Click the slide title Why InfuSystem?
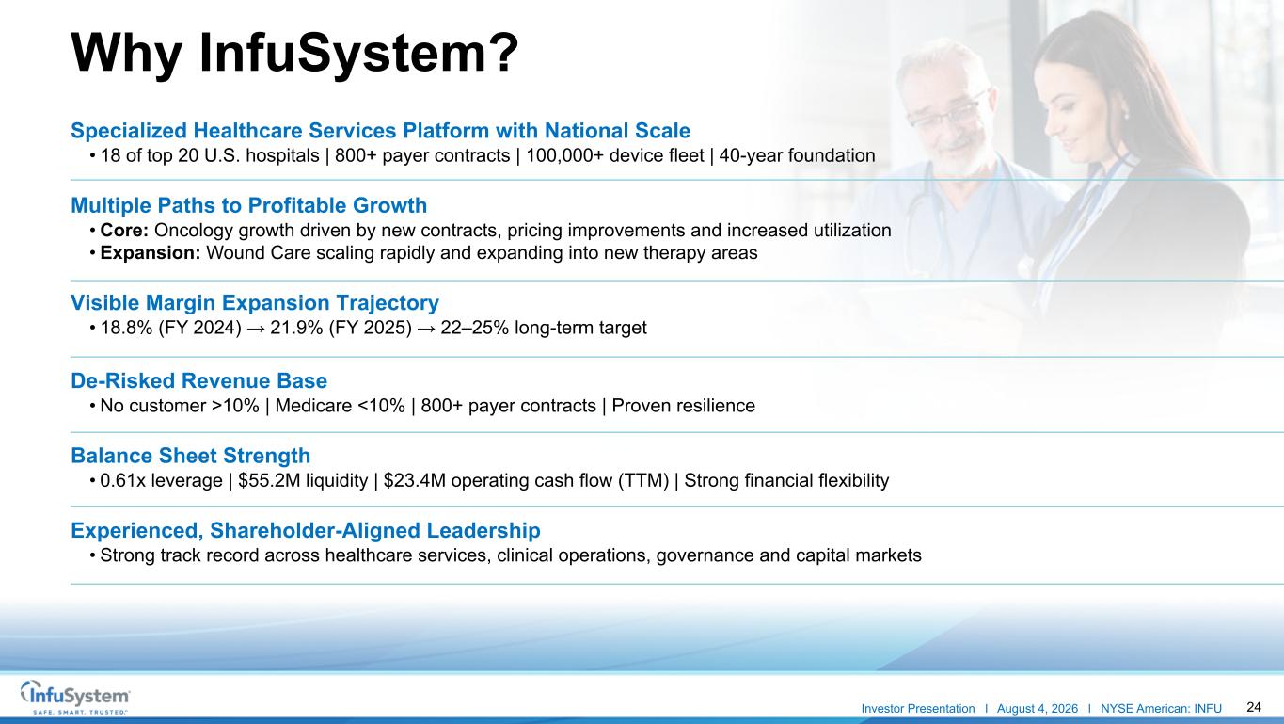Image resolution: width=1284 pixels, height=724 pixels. tap(294, 54)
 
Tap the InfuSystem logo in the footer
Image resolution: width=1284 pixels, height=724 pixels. tap(75, 697)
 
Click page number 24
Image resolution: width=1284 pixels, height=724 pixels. tap(1254, 707)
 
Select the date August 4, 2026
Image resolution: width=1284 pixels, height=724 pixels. tap(1037, 709)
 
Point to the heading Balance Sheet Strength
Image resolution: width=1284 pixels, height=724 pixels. tap(190, 456)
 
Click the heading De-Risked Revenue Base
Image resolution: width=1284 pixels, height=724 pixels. tap(198, 380)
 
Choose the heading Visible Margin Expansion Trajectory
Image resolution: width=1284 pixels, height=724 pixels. tap(255, 302)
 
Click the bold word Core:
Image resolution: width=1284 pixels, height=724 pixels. tap(124, 230)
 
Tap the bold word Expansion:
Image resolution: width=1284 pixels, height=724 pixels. tap(151, 253)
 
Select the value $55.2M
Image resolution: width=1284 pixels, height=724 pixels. tap(269, 480)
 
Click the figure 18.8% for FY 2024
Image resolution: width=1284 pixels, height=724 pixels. tap(126, 328)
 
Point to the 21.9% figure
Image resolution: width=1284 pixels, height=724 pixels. tap(296, 328)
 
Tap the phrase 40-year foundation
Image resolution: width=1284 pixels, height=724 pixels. tap(797, 155)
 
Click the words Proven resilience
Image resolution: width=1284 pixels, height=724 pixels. tap(683, 406)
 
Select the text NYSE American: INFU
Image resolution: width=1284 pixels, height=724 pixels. tap(1161, 709)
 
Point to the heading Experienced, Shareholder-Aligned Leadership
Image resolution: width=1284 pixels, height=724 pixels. tap(306, 531)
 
